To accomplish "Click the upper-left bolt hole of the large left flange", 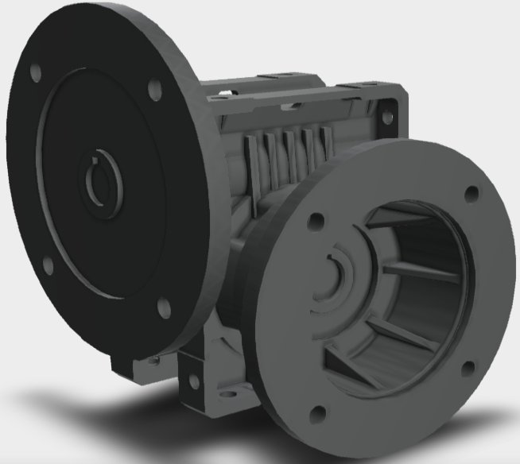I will (35, 73).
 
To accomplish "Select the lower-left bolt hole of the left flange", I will (46, 263).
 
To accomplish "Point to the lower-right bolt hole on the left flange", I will (164, 303).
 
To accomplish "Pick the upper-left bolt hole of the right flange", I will (316, 218).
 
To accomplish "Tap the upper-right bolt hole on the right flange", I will (472, 193).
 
